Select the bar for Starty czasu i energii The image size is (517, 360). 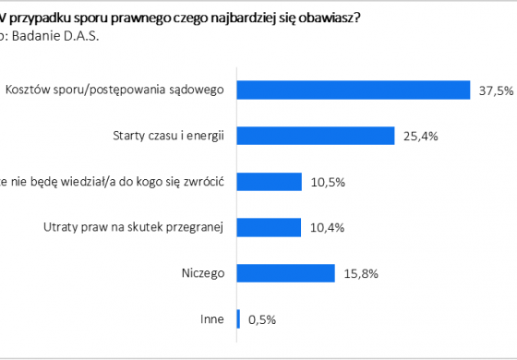[316, 136]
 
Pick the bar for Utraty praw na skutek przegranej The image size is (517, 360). [270, 227]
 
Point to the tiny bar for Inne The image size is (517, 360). [239, 319]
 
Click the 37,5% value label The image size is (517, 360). [494, 90]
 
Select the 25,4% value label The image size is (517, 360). [420, 136]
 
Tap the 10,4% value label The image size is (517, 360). [328, 227]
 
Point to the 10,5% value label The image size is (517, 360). [329, 182]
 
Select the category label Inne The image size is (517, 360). [213, 319]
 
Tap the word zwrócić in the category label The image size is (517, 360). [204, 182]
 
